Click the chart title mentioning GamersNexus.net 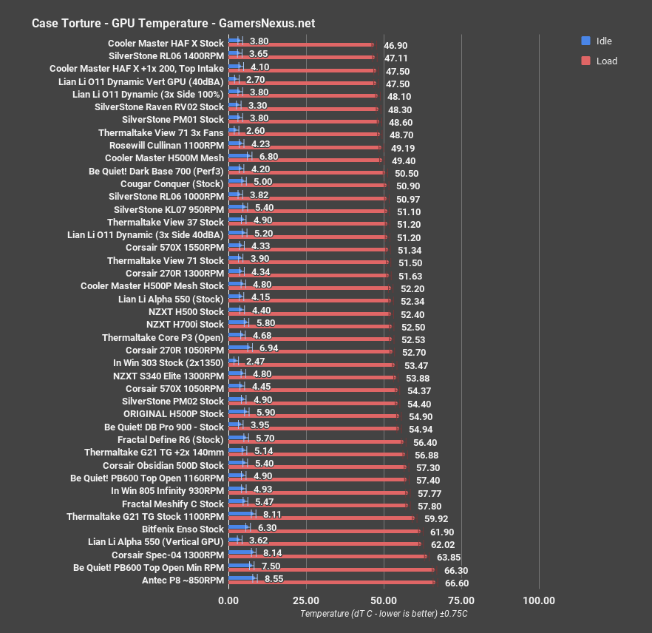coord(173,23)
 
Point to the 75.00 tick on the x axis coord(461,600)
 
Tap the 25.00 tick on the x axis coord(306,600)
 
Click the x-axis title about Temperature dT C coord(384,614)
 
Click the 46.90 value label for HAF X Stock coord(396,45)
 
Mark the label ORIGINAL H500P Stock coord(173,413)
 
